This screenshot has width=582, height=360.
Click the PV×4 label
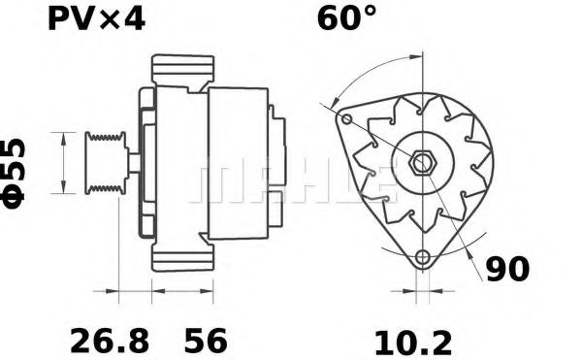point(96,18)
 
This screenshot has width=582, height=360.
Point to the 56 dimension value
point(206,341)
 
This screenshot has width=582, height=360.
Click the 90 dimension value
point(507,269)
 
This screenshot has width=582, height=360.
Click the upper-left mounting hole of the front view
point(344,119)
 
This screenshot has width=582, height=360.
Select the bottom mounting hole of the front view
point(421,257)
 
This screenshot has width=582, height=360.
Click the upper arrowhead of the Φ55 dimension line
point(65,136)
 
